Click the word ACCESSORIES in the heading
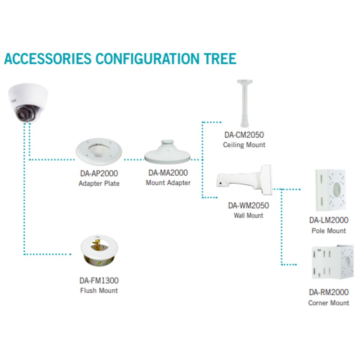[x=48, y=59]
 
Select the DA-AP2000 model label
[x=99, y=174]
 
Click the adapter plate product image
[x=99, y=152]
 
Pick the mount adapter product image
[x=168, y=152]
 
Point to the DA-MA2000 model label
[x=168, y=173]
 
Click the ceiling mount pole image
[x=245, y=103]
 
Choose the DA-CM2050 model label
[x=244, y=135]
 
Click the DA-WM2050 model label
[x=248, y=206]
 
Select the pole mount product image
[x=331, y=190]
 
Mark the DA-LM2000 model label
[x=329, y=220]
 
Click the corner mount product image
[x=332, y=262]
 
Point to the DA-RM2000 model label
[x=329, y=292]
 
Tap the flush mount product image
[x=99, y=251]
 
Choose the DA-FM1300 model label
[x=99, y=280]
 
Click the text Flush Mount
[x=99, y=291]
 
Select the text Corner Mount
[x=329, y=303]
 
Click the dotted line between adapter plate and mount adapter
[x=134, y=159]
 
